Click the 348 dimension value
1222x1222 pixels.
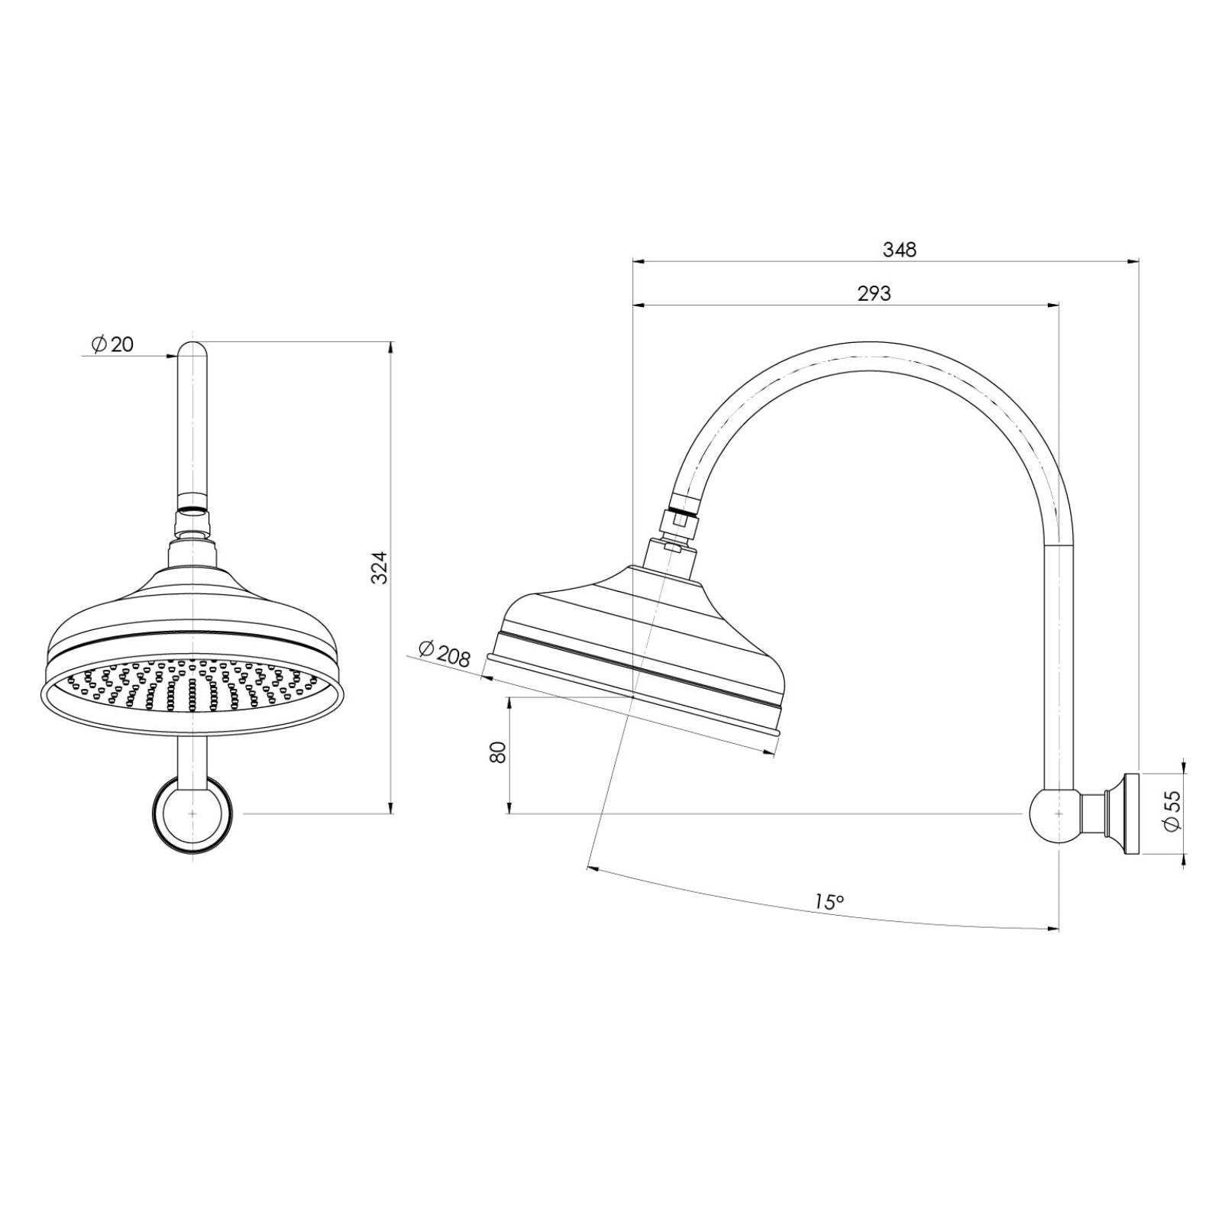coord(899,250)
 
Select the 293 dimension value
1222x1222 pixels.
coord(874,293)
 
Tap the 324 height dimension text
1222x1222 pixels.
coord(380,567)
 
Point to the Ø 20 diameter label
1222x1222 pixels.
coord(112,344)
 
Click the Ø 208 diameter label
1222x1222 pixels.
coord(445,654)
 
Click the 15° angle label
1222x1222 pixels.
coord(829,902)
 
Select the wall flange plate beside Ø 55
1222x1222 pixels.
coord(1130,815)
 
